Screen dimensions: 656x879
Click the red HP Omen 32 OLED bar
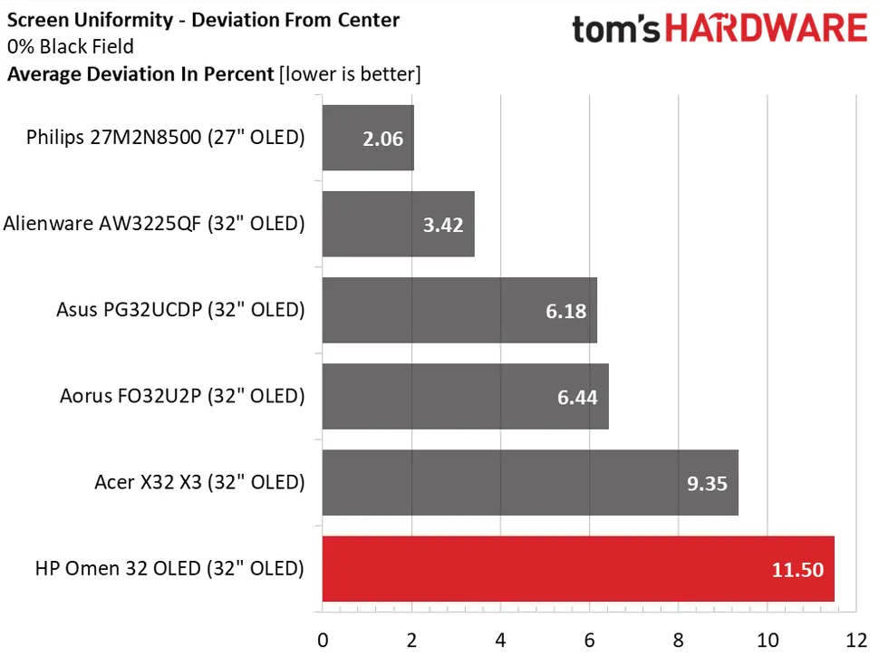coord(578,568)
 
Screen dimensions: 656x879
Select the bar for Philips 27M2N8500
coord(368,138)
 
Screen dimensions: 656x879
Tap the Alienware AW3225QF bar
coord(399,224)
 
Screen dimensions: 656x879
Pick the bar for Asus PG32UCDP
coord(459,310)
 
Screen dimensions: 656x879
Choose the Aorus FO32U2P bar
coord(465,396)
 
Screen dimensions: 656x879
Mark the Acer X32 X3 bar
coord(530,482)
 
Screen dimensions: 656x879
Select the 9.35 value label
coord(707,483)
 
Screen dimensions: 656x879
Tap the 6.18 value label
coord(565,311)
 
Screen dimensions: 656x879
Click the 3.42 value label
coord(442,225)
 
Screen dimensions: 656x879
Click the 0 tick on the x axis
coord(323,641)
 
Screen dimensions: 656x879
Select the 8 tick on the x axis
coord(679,641)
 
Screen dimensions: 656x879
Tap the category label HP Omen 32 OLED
coord(169,569)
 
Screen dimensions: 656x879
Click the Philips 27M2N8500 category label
coord(165,138)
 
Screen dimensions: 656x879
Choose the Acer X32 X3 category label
coord(199,482)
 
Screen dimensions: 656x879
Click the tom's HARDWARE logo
coord(720,29)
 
